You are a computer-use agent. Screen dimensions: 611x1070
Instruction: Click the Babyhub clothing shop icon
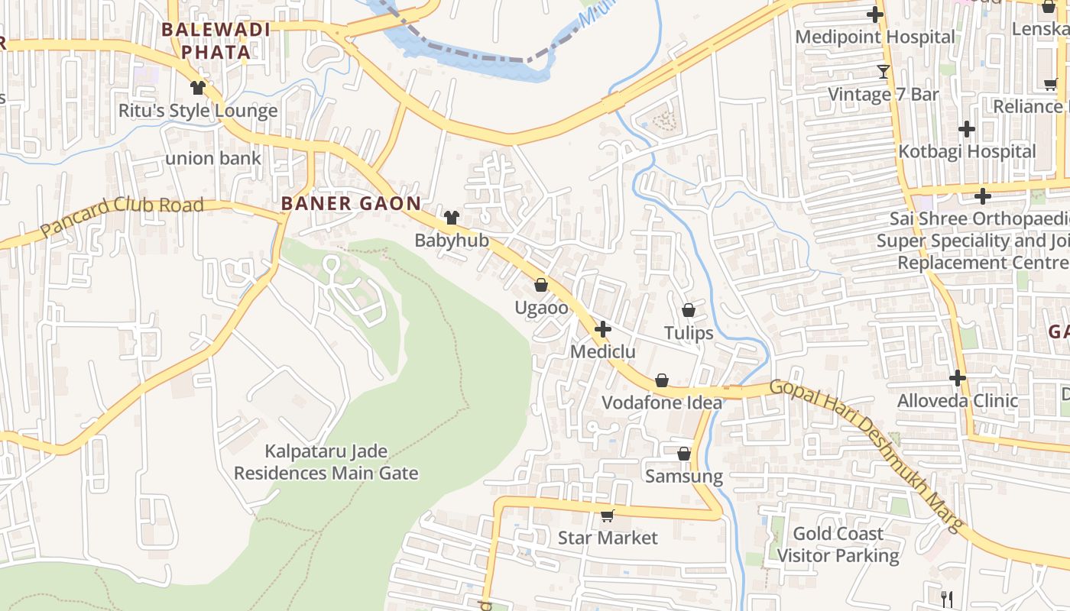[x=451, y=218]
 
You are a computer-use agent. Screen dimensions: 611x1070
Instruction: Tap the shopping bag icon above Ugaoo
[x=541, y=285]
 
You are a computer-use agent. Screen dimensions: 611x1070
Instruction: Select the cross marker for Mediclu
[x=603, y=329]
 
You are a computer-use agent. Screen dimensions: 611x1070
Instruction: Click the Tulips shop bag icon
[x=688, y=310]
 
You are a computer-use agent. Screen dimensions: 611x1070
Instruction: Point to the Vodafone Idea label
[x=661, y=402]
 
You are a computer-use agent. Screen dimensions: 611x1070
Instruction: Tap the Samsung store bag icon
[x=684, y=454]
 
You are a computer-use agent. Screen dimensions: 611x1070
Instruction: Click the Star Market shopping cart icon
[x=607, y=516]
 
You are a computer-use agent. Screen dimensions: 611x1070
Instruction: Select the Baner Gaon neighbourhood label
[x=351, y=203]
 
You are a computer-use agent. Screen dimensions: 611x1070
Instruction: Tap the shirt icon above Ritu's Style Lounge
[x=198, y=88]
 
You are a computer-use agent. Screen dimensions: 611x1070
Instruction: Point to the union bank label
[x=213, y=159]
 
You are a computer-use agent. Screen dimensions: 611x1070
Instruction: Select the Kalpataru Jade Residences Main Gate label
[x=326, y=462]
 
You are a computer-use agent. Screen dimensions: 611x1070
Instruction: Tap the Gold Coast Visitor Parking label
[x=838, y=545]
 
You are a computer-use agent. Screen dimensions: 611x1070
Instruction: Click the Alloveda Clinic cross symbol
[x=958, y=378]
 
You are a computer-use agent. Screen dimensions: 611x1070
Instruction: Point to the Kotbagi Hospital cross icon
[x=967, y=129]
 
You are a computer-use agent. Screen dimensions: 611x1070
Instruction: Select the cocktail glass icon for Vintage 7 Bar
[x=884, y=72]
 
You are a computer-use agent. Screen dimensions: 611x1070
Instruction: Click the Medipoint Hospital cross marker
[x=875, y=15]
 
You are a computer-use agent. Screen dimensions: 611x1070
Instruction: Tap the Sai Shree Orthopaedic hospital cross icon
[x=983, y=196]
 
